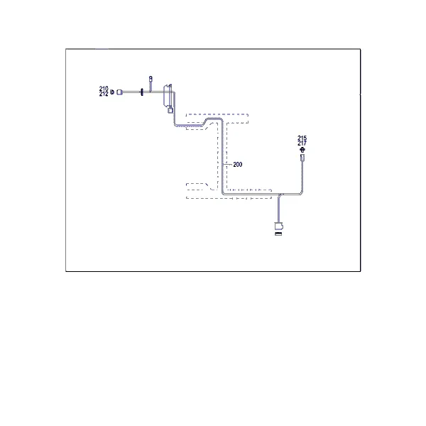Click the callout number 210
click(104, 89)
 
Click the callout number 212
click(104, 94)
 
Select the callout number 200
click(237, 165)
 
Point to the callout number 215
click(302, 138)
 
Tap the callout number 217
click(302, 143)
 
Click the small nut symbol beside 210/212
click(112, 92)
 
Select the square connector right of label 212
click(119, 92)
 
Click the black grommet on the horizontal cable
click(141, 92)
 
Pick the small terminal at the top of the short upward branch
click(151, 79)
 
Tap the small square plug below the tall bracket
click(170, 110)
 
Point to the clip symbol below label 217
click(302, 149)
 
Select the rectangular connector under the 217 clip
click(302, 158)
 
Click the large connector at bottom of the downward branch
click(279, 226)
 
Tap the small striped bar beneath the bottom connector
click(278, 234)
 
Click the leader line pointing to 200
click(228, 165)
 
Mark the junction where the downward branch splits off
click(280, 195)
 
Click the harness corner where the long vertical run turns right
click(223, 193)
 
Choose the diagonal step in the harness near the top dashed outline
click(205, 121)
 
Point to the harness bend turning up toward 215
click(301, 193)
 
